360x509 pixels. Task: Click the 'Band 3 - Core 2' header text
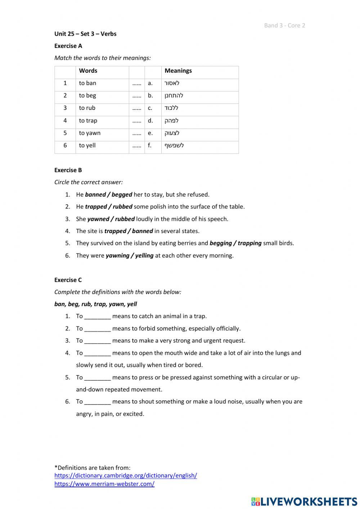coord(284,25)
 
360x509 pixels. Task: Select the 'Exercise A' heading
coord(68,46)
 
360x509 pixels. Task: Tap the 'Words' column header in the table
coord(88,71)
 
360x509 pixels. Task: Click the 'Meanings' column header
coord(178,71)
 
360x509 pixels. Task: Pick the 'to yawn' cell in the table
coord(90,133)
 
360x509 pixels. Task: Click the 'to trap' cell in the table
coord(88,121)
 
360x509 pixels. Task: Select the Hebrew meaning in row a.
coord(172,83)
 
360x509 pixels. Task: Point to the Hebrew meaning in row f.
coord(174,146)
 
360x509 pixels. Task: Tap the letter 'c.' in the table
coord(150,108)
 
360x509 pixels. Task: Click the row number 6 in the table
coord(65,146)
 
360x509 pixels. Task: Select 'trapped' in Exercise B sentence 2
coord(96,207)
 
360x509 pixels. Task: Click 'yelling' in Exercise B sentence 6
coord(144,256)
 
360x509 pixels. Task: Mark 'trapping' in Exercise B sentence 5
coord(249,243)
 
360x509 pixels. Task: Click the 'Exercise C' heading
coord(68,280)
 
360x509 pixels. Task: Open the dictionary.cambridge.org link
coord(126,475)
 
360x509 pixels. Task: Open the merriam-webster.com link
coord(104,484)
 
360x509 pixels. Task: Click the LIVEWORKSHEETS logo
coord(304,501)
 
